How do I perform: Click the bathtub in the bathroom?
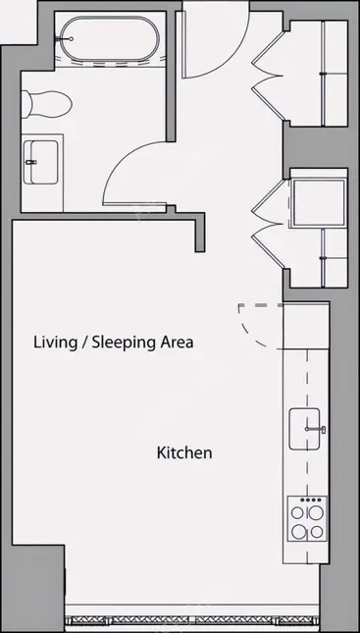[110, 39]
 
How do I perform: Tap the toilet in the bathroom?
[46, 104]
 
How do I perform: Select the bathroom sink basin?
[40, 162]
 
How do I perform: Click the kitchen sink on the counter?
[305, 429]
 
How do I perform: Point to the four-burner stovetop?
[307, 519]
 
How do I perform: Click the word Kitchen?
[184, 452]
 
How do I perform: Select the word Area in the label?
[178, 343]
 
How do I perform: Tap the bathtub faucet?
[66, 39]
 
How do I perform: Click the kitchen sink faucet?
[317, 429]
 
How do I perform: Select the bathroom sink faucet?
[31, 162]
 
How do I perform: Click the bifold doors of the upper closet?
[267, 76]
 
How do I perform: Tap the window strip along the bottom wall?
[192, 620]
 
